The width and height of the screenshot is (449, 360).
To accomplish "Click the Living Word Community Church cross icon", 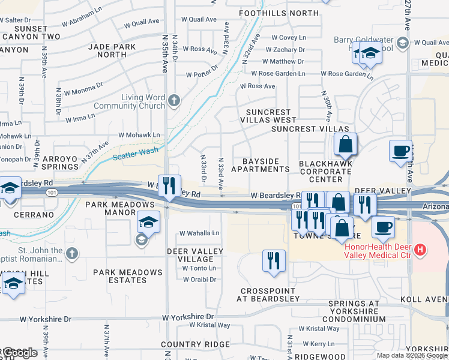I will point(174,100).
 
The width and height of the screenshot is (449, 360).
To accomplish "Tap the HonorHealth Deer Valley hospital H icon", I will point(420,249).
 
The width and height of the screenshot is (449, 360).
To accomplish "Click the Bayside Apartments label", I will point(261,166).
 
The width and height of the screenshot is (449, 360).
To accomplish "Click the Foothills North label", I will point(279,13).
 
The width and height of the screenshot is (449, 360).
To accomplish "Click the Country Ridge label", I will point(195,344).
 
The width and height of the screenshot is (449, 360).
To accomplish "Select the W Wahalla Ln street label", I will point(200,233).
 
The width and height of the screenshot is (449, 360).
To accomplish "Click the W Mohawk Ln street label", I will point(140,136).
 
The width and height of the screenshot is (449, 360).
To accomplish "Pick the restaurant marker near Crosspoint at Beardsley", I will point(273,262).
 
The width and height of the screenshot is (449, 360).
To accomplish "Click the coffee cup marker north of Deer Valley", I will point(400,150).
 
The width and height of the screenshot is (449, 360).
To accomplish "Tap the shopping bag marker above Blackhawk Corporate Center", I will point(346,145).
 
